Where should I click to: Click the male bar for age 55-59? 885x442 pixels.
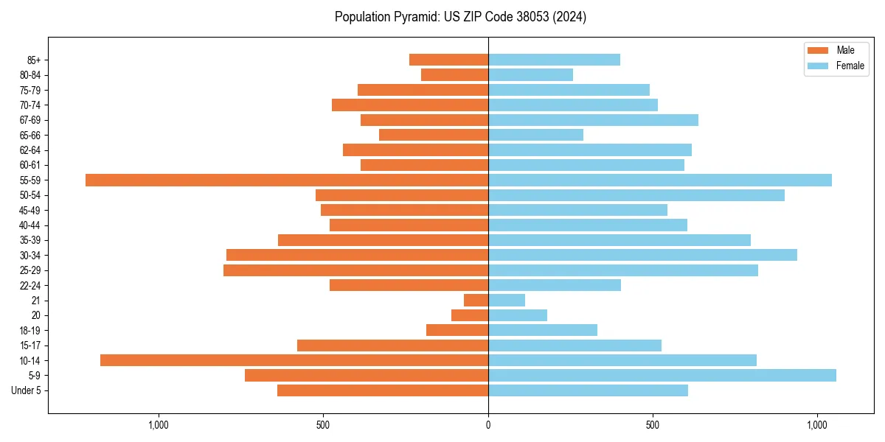287,180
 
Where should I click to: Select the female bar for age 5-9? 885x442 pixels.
662,376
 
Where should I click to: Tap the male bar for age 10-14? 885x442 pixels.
294,360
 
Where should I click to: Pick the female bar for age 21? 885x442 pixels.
507,301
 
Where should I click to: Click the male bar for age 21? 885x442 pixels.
476,301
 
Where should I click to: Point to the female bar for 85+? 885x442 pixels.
554,60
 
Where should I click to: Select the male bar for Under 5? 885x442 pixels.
383,390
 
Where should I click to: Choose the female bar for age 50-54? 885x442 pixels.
636,195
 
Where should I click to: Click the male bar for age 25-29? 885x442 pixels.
356,270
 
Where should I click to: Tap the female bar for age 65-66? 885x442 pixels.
535,135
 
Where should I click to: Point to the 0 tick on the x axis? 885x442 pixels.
488,425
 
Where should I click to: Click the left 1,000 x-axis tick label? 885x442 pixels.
159,425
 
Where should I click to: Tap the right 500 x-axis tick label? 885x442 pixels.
653,425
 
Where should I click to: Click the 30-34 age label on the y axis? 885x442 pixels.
30,256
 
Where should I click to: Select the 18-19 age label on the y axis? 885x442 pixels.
30,331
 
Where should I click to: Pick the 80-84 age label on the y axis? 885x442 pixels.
30,75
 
